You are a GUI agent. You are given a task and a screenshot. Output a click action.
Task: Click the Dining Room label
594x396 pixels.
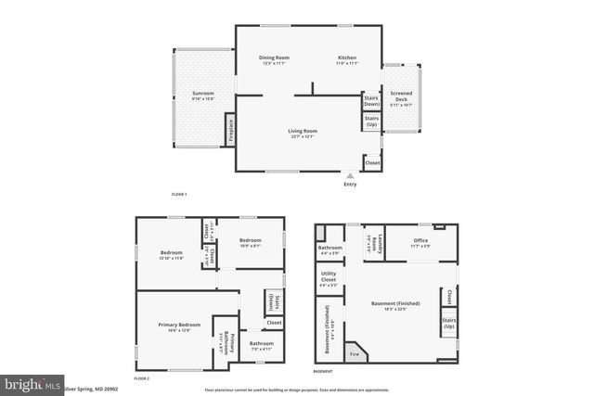tap(274, 60)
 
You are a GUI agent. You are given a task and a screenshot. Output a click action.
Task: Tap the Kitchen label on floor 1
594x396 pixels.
tap(346, 60)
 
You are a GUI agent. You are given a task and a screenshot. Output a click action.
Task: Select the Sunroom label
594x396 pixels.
tap(203, 95)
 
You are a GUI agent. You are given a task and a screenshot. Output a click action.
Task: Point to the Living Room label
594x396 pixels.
tap(303, 134)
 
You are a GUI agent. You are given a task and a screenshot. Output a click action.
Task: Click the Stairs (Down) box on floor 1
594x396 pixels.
tap(371, 100)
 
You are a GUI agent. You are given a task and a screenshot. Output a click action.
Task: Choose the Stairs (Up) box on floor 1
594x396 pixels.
tap(371, 121)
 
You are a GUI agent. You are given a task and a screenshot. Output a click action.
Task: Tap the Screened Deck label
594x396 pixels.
tap(402, 97)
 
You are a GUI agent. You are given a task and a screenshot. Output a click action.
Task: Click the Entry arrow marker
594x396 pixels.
tap(350, 174)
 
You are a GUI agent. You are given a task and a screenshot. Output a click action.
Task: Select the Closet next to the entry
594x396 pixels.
tap(372, 163)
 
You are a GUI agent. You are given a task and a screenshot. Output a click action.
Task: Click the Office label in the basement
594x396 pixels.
tap(420, 243)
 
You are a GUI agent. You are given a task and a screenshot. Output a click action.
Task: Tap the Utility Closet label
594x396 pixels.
tap(329, 277)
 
